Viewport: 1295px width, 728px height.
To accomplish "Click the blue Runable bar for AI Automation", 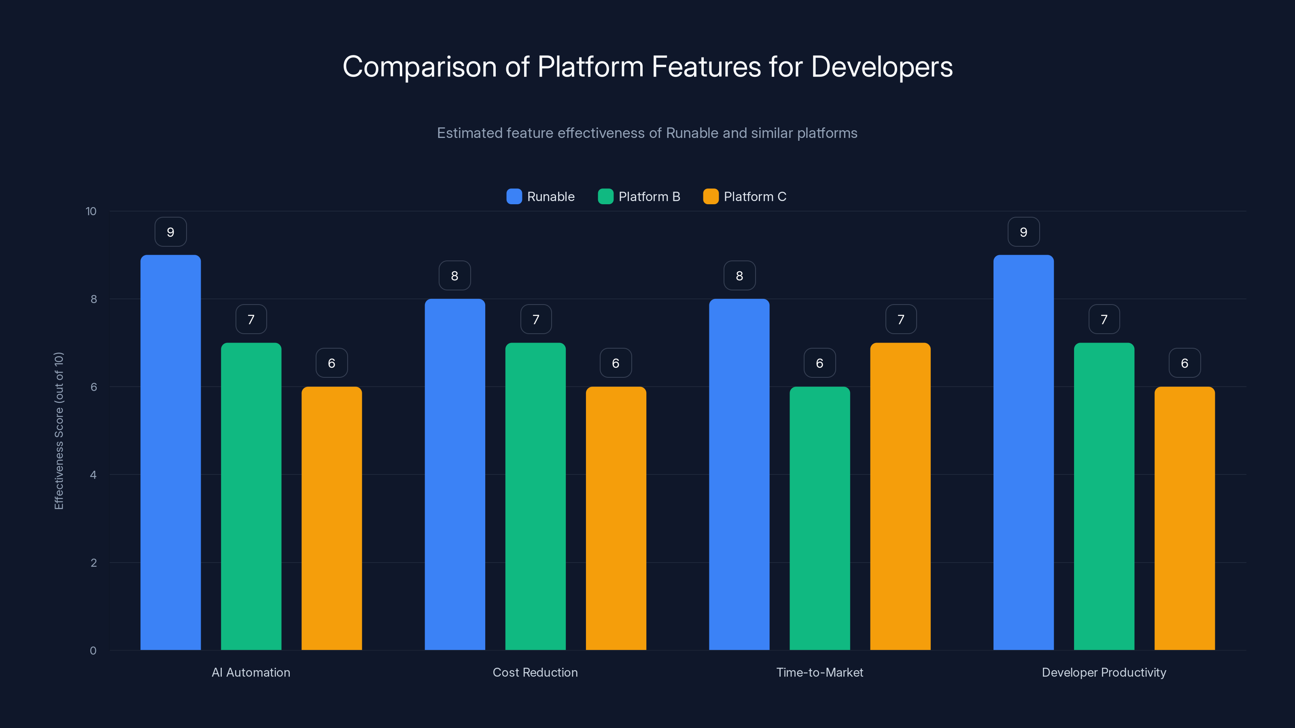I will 170,452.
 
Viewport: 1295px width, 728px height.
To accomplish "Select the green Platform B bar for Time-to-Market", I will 819,518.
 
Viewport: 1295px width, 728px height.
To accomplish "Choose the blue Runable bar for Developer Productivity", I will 1023,452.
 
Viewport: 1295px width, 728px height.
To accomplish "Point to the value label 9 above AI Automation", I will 170,232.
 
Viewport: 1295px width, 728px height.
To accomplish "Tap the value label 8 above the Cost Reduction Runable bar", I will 454,276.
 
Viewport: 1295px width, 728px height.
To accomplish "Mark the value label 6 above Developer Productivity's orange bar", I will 1185,363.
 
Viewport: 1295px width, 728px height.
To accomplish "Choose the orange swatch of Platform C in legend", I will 710,197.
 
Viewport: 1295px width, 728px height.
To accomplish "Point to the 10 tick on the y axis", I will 91,212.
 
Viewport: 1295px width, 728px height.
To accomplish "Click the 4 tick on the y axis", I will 93,475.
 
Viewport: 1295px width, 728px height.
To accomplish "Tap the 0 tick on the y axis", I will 93,651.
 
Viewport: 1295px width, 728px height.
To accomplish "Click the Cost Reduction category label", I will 535,672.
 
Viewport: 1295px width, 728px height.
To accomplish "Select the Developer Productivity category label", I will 1104,672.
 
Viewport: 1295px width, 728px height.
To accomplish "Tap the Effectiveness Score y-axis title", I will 59,431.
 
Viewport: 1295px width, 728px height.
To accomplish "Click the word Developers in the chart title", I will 881,67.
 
